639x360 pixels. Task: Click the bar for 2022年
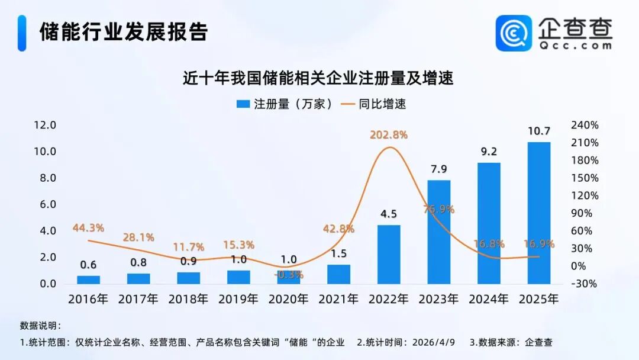(x=389, y=254)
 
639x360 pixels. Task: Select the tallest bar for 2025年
(x=539, y=213)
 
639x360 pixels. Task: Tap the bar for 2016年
(x=88, y=279)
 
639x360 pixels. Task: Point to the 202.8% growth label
(x=389, y=135)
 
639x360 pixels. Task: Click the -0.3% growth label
(x=288, y=275)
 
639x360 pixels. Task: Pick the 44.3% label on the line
(x=88, y=228)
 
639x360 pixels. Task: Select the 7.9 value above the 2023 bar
(x=439, y=170)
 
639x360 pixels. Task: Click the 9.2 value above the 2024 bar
(x=489, y=152)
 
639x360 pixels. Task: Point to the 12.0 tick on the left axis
(x=45, y=126)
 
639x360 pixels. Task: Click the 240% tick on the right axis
(x=585, y=126)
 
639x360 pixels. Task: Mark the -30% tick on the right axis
(x=585, y=284)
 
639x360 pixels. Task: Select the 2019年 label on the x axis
(x=238, y=299)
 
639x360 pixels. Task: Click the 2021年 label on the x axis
(x=338, y=299)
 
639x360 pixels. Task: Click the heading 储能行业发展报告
(x=124, y=32)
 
